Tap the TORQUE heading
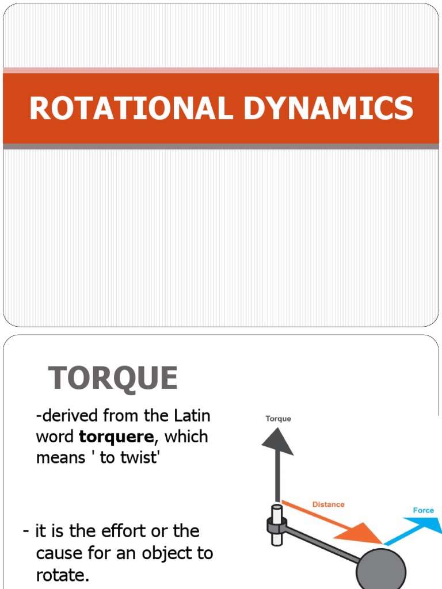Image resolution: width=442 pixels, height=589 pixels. pyautogui.click(x=113, y=378)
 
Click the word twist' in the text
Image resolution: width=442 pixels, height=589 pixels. pyautogui.click(x=135, y=458)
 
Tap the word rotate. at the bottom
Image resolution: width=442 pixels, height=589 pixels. pyautogui.click(x=63, y=575)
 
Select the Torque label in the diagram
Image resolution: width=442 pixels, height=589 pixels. pyautogui.click(x=278, y=419)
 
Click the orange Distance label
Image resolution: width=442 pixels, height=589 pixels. pyautogui.click(x=328, y=504)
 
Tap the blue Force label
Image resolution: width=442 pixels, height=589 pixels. pyautogui.click(x=424, y=510)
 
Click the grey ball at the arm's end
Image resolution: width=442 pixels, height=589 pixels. pyautogui.click(x=381, y=569)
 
